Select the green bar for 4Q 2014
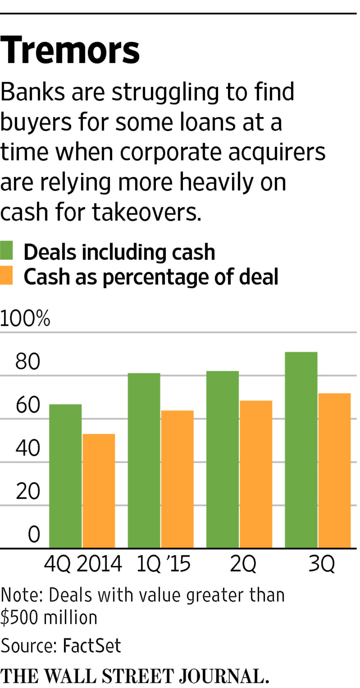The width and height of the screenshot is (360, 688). coord(65,476)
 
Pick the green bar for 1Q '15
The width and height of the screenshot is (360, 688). coord(144,461)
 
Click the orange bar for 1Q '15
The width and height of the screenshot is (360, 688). coord(177,479)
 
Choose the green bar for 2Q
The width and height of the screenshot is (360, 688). coord(222,460)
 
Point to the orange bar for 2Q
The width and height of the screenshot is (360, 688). coord(256,474)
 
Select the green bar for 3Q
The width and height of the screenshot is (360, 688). coord(301,450)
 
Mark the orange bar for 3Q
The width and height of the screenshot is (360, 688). coord(335,470)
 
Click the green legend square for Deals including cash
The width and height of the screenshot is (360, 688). coord(6,250)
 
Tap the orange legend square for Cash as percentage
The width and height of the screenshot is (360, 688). coord(6,275)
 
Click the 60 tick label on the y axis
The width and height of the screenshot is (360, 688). coord(28,405)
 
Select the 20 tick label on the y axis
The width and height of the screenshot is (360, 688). coord(28,492)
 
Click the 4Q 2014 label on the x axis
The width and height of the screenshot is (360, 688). coord(83,563)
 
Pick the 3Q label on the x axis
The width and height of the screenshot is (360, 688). coord(321,563)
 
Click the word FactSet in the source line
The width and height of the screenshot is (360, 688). coord(92,645)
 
